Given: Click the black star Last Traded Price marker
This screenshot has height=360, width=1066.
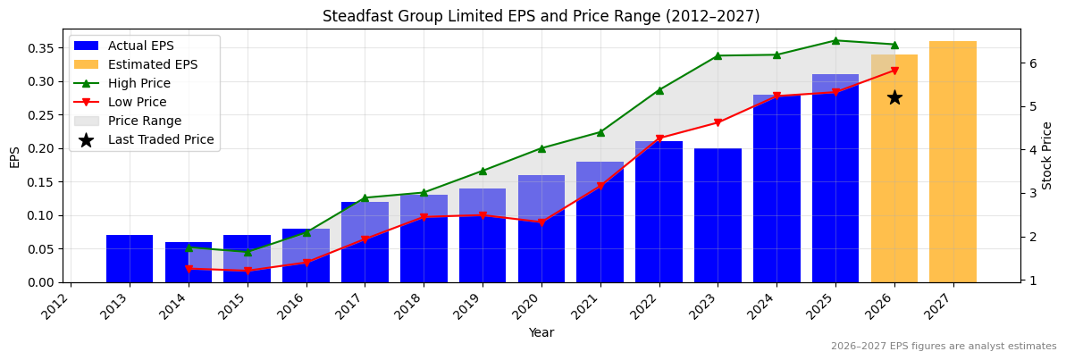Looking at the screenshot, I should tap(894, 97).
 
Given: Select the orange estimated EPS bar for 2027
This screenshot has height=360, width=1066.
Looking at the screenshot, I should tap(953, 162).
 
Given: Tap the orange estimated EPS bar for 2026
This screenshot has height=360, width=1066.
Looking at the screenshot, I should tap(894, 179).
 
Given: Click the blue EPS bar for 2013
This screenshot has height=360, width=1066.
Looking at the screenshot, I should tap(130, 259).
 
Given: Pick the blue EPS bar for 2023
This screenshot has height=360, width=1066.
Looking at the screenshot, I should tap(718, 215).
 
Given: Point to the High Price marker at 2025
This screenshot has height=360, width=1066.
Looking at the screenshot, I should tap(835, 40).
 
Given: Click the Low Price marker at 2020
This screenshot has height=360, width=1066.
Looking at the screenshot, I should tap(541, 222).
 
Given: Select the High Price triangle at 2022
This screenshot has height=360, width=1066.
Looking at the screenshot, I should tap(659, 90).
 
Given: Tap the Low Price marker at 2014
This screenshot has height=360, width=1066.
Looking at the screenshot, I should tap(189, 269).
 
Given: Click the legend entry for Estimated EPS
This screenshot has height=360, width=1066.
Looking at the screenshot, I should tap(152, 65).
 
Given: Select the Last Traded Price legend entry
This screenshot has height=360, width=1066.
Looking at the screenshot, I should tap(160, 140).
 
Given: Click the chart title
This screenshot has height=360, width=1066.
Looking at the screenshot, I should tap(541, 16).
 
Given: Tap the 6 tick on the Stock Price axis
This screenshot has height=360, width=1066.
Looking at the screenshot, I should tap(1032, 63).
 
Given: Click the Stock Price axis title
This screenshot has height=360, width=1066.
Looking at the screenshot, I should tap(1047, 155).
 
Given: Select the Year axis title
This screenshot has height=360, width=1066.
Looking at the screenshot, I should tap(541, 333).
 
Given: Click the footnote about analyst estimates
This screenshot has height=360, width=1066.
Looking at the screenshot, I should tap(943, 347).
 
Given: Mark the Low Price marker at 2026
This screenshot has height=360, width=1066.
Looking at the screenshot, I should tap(894, 71).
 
